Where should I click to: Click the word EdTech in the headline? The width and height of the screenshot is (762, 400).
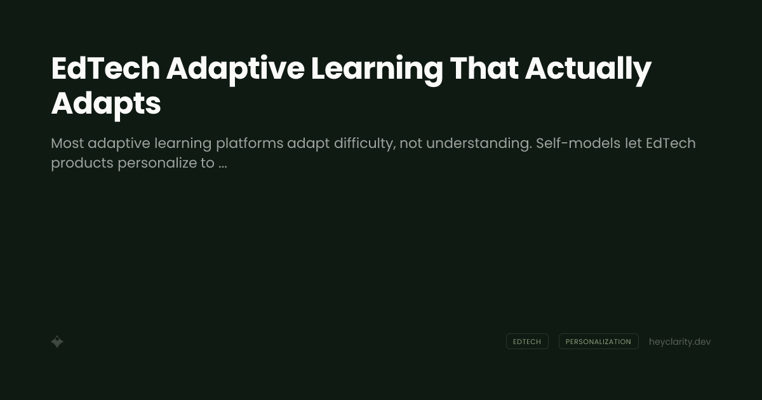(105, 69)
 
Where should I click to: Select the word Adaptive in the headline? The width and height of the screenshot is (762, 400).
(235, 69)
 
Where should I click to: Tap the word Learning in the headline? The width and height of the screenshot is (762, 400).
(376, 69)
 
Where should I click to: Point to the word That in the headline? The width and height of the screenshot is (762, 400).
(483, 69)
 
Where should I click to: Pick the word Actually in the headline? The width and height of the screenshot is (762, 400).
(588, 69)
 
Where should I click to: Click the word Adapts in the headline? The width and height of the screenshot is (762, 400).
(105, 103)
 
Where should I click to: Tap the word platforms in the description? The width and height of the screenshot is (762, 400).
(250, 143)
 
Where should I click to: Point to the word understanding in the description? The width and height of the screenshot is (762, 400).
(478, 143)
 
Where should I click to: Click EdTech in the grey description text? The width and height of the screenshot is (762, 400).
(671, 143)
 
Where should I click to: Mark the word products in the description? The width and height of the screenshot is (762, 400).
(82, 163)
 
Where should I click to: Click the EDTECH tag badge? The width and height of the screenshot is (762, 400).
(527, 342)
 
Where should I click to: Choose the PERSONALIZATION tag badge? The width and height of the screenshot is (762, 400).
(598, 342)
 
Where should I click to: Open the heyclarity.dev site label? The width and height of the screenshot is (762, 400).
(679, 342)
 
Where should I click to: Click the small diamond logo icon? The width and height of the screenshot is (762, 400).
(57, 342)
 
